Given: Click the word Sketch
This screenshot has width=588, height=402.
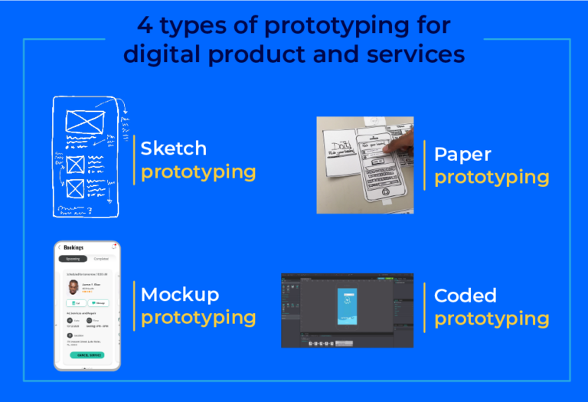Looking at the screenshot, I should [174, 148].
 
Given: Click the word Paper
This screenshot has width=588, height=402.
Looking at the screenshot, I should [462, 154].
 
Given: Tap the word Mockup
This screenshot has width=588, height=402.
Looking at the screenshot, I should [180, 295].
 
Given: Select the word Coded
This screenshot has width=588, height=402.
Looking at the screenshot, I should [465, 296].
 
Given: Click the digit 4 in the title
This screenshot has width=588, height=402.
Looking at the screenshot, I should [145, 26].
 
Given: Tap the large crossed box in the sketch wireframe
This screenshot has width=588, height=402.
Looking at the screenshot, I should [84, 122].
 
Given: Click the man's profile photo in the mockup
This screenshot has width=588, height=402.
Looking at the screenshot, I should [72, 287].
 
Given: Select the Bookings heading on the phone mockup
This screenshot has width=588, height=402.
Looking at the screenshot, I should [74, 248].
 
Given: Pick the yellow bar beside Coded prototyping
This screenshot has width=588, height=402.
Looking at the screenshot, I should [428, 307].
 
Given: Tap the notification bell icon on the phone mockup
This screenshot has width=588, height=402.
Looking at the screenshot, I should [114, 247].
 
